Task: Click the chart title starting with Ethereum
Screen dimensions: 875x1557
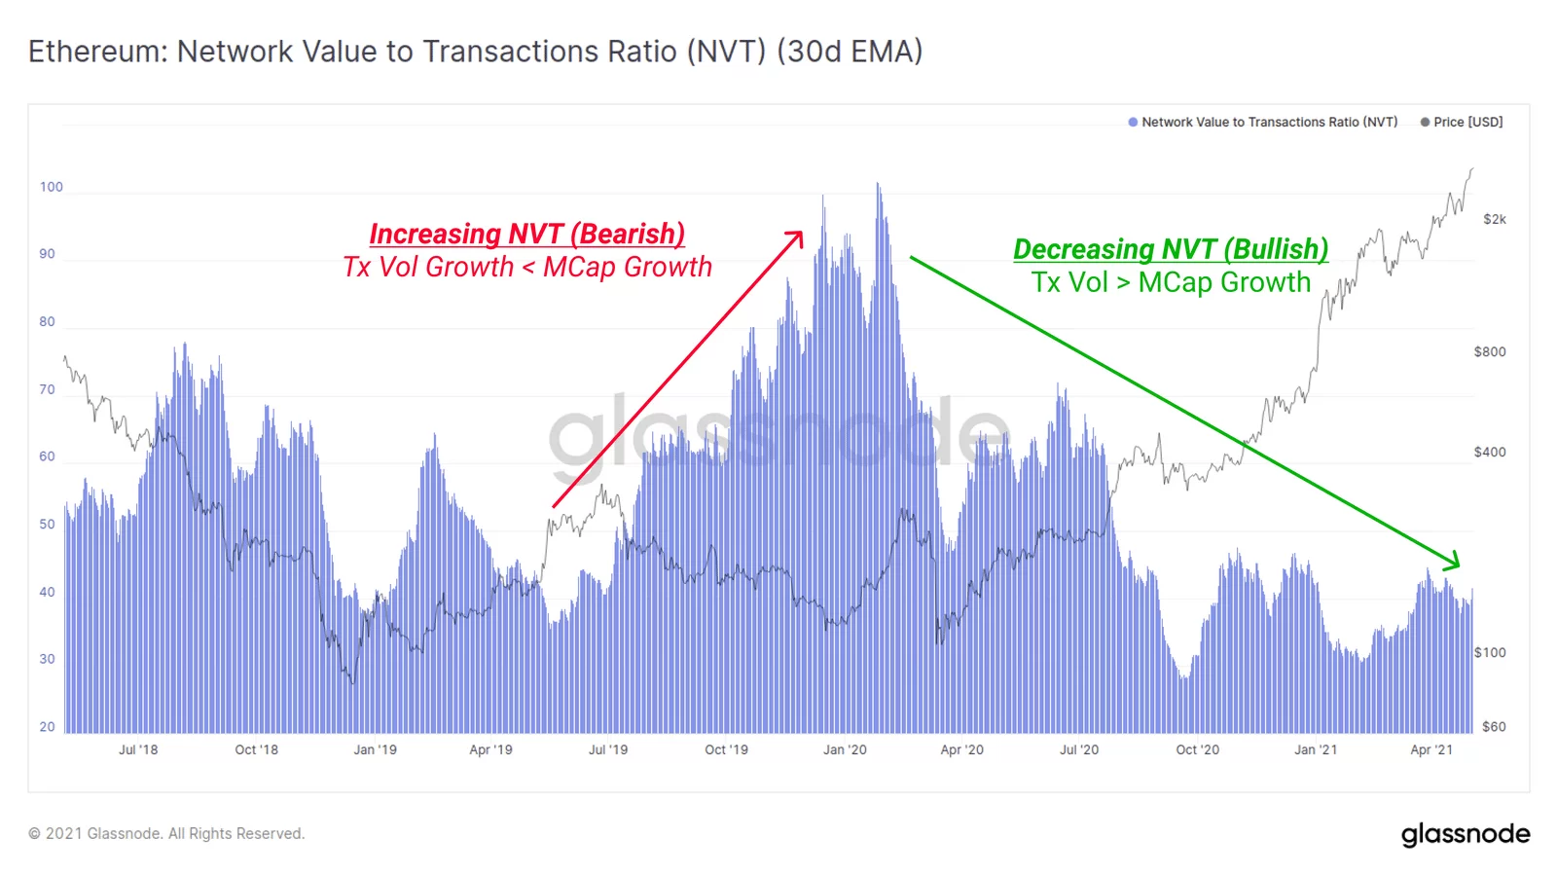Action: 475,52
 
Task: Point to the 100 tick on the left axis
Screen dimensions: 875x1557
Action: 51,187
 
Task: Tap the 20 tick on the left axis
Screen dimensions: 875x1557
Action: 47,727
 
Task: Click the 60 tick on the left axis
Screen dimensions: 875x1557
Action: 47,456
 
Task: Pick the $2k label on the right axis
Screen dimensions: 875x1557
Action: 1494,219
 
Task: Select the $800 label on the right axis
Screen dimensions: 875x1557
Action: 1490,351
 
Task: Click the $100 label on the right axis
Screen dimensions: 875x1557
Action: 1490,652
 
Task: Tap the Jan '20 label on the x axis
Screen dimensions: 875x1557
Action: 844,750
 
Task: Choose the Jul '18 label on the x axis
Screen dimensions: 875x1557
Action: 138,750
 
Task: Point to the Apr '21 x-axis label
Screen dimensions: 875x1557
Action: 1431,750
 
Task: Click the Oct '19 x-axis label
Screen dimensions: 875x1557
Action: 726,750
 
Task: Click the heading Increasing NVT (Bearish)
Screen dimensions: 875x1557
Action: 526,234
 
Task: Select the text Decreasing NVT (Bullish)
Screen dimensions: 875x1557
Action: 1171,249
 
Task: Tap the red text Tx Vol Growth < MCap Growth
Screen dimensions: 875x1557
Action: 527,268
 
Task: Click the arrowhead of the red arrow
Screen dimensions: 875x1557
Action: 798,236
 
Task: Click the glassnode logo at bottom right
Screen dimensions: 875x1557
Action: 1466,834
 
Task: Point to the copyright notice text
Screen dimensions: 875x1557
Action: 166,834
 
